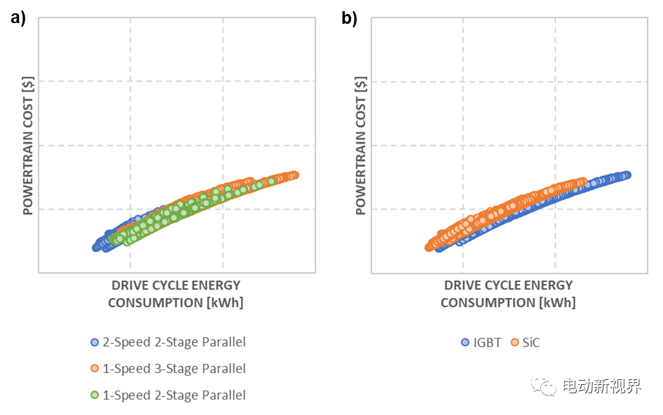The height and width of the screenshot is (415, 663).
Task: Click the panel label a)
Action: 18,19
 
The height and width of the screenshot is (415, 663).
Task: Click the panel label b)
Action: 349,19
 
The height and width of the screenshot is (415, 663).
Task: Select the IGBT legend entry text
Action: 487,343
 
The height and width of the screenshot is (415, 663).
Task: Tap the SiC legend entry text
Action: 531,343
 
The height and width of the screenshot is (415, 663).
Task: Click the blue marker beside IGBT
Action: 465,343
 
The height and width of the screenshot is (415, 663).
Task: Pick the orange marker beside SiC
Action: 515,343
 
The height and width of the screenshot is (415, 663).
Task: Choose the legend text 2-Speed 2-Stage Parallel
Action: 174,342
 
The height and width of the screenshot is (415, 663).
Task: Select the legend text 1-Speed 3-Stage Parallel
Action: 174,369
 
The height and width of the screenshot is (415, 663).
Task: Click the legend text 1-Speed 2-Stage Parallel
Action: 174,395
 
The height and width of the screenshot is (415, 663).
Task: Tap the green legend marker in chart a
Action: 95,395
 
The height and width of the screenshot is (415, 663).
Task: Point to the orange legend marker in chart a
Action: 95,369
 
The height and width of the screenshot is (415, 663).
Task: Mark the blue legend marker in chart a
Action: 95,343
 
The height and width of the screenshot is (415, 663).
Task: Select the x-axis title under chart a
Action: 175,294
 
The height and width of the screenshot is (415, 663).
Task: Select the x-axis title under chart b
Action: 508,294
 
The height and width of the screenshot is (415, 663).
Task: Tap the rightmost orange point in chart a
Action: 294,175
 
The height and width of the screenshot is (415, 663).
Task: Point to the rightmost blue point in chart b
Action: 627,175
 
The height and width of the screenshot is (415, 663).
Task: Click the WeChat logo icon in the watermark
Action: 542,386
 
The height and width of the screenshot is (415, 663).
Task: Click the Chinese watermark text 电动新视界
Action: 601,386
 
